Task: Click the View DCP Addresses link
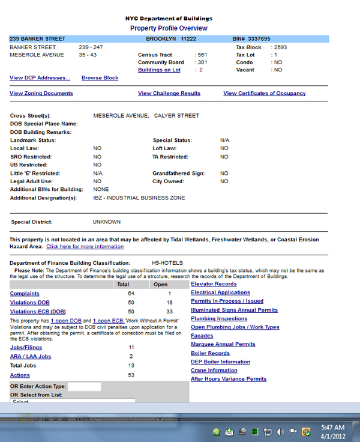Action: pyautogui.click(x=40, y=78)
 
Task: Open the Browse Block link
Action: pyautogui.click(x=100, y=78)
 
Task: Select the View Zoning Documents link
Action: pyautogui.click(x=41, y=94)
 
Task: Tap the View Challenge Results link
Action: pyautogui.click(x=169, y=94)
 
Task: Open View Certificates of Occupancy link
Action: pyautogui.click(x=264, y=94)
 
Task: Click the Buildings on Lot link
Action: pyautogui.click(x=159, y=70)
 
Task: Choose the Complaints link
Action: pyautogui.click(x=25, y=294)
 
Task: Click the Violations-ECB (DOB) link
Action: pyautogui.click(x=38, y=312)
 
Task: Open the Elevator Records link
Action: pyautogui.click(x=214, y=284)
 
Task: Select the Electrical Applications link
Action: pyautogui.click(x=220, y=292)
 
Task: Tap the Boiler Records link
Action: pyautogui.click(x=210, y=354)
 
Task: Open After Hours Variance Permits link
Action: pyautogui.click(x=229, y=379)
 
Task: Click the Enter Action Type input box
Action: pyautogui.click(x=84, y=386)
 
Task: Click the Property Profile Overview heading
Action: pyautogui.click(x=169, y=28)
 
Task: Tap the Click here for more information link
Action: pyautogui.click(x=85, y=247)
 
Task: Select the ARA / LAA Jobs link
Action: pyautogui.click(x=30, y=357)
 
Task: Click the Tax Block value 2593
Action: pyautogui.click(x=281, y=47)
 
